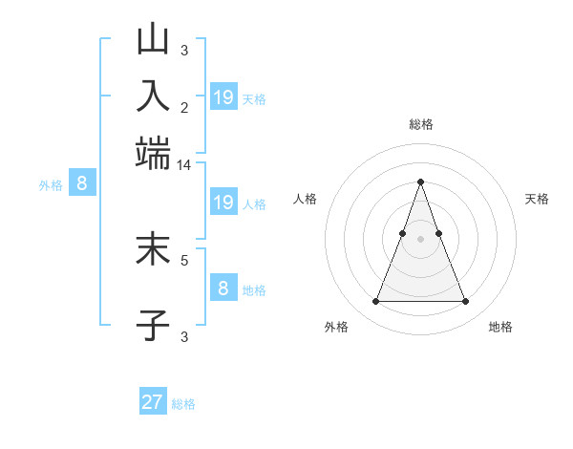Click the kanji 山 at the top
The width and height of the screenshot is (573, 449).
click(154, 40)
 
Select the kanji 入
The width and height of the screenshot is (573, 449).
click(154, 97)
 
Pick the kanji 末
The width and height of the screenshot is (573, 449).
click(154, 250)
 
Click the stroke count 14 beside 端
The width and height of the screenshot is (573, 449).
click(184, 165)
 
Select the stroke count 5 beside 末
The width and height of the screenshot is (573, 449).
click(184, 259)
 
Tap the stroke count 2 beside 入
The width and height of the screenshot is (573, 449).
click(184, 108)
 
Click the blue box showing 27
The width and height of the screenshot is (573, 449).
click(153, 402)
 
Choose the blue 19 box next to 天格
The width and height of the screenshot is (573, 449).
click(223, 96)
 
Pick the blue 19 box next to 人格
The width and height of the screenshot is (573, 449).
click(223, 202)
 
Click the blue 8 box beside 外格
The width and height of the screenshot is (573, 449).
click(81, 183)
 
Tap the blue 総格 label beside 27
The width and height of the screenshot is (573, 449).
click(183, 404)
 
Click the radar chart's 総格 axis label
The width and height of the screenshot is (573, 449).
click(421, 124)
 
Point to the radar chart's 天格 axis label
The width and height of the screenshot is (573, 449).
click(537, 199)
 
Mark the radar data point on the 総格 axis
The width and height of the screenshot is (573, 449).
click(420, 182)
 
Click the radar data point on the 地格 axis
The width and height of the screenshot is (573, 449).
click(466, 302)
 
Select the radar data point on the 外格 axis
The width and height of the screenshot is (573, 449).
click(375, 302)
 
